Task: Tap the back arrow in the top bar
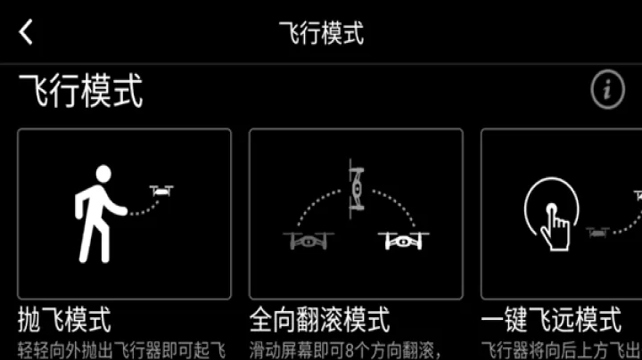coord(26,33)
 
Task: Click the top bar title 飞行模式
coord(321,33)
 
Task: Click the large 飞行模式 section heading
coord(81,91)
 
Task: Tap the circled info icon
coord(607,89)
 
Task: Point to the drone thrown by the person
coord(161,190)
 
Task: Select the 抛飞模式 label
coord(64,319)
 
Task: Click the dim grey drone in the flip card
coord(305,240)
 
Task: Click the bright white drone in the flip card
coord(403,240)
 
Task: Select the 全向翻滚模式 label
coord(319,319)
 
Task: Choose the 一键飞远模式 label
coord(551,319)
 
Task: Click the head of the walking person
coord(103,174)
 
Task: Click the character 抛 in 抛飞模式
coord(29,319)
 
